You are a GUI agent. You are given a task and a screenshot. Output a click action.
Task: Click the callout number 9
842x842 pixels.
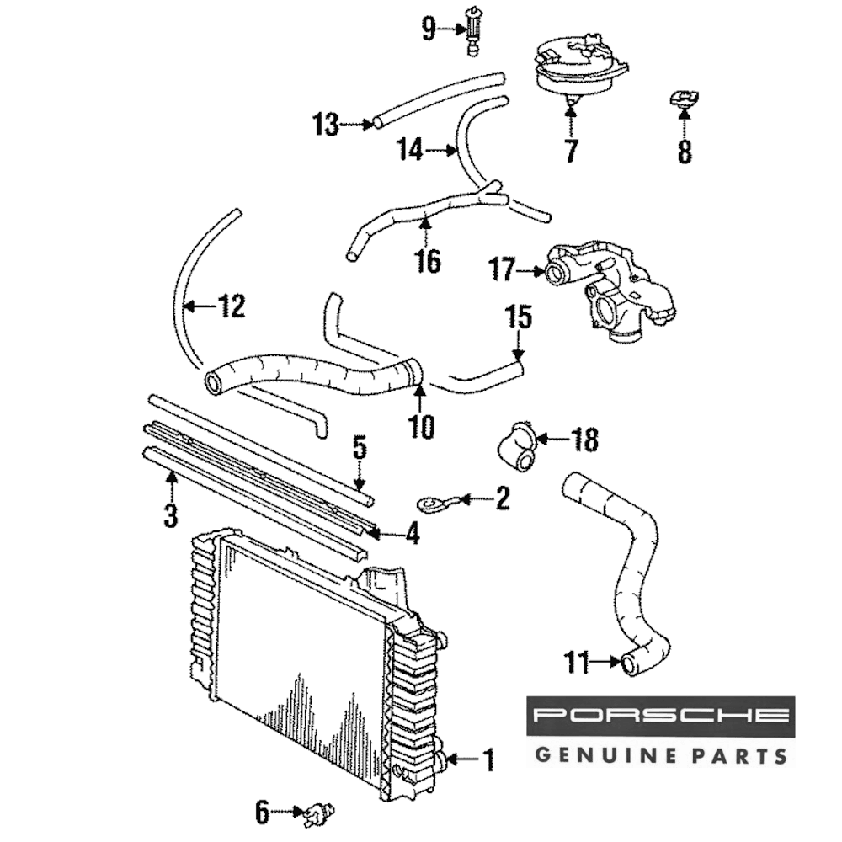click(x=429, y=30)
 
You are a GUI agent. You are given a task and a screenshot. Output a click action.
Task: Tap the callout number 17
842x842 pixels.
click(x=502, y=270)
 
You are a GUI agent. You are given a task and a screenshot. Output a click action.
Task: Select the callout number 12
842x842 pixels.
click(x=232, y=306)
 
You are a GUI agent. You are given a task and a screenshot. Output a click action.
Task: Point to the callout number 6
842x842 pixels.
click(x=262, y=813)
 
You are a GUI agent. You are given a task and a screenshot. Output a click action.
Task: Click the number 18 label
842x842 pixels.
click(x=584, y=439)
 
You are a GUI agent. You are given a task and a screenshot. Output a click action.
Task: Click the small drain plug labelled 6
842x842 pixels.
click(x=318, y=813)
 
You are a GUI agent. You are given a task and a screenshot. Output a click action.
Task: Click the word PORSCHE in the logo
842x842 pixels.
click(x=661, y=717)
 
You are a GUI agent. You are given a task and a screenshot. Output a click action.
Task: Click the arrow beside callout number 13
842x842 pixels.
click(x=358, y=125)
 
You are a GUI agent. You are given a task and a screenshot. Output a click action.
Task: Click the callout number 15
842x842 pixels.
click(x=518, y=317)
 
